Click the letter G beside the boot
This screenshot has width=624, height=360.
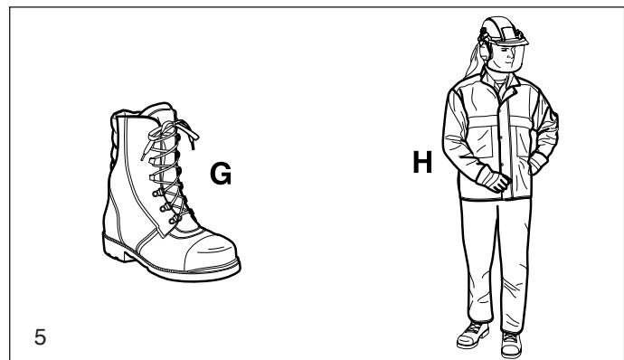point(221,174)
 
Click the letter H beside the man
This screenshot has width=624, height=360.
point(422,162)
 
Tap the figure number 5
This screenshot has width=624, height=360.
point(40,336)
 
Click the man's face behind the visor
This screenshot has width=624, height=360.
point(506,56)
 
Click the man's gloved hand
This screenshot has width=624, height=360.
point(495,181)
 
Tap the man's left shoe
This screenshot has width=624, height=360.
point(511,344)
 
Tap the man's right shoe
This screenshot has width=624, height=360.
point(472,336)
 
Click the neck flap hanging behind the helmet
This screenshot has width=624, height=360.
point(475,61)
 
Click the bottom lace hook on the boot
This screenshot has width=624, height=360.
point(174,220)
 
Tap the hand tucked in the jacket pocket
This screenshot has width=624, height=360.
point(537,163)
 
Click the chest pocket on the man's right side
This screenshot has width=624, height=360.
point(480,137)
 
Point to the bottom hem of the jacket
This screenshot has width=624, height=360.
point(496,198)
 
